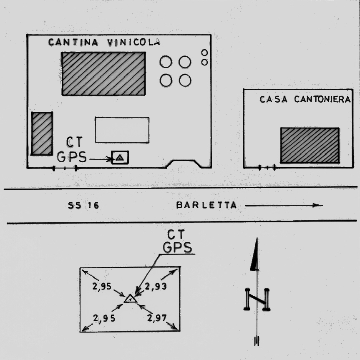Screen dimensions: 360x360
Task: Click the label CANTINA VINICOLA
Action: [x=104, y=42]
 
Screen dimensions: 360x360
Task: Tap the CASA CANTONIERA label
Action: [x=305, y=100]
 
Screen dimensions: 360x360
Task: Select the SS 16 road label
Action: [x=83, y=205]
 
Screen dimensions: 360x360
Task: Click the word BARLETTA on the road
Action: [x=206, y=205]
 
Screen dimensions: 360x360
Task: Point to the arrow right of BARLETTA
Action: [x=284, y=205]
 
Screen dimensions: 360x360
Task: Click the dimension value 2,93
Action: [x=156, y=286]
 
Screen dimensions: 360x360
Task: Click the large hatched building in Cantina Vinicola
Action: [x=103, y=73]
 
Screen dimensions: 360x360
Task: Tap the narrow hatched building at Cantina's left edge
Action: [x=42, y=133]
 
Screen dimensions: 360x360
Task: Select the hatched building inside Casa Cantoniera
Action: [x=310, y=145]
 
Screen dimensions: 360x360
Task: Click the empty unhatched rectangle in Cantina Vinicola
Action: [x=122, y=130]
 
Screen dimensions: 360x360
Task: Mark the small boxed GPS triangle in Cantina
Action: [x=120, y=158]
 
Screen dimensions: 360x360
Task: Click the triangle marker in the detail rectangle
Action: [x=130, y=299]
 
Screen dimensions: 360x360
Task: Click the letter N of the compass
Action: [x=257, y=299]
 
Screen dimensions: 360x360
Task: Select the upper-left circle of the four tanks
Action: [x=166, y=62]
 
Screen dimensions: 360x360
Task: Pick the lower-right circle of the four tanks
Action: [x=185, y=80]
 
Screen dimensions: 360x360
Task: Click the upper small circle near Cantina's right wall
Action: [x=204, y=53]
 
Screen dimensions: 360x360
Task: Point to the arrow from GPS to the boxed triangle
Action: [x=101, y=159]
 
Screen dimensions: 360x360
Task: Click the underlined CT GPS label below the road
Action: [x=178, y=242]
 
